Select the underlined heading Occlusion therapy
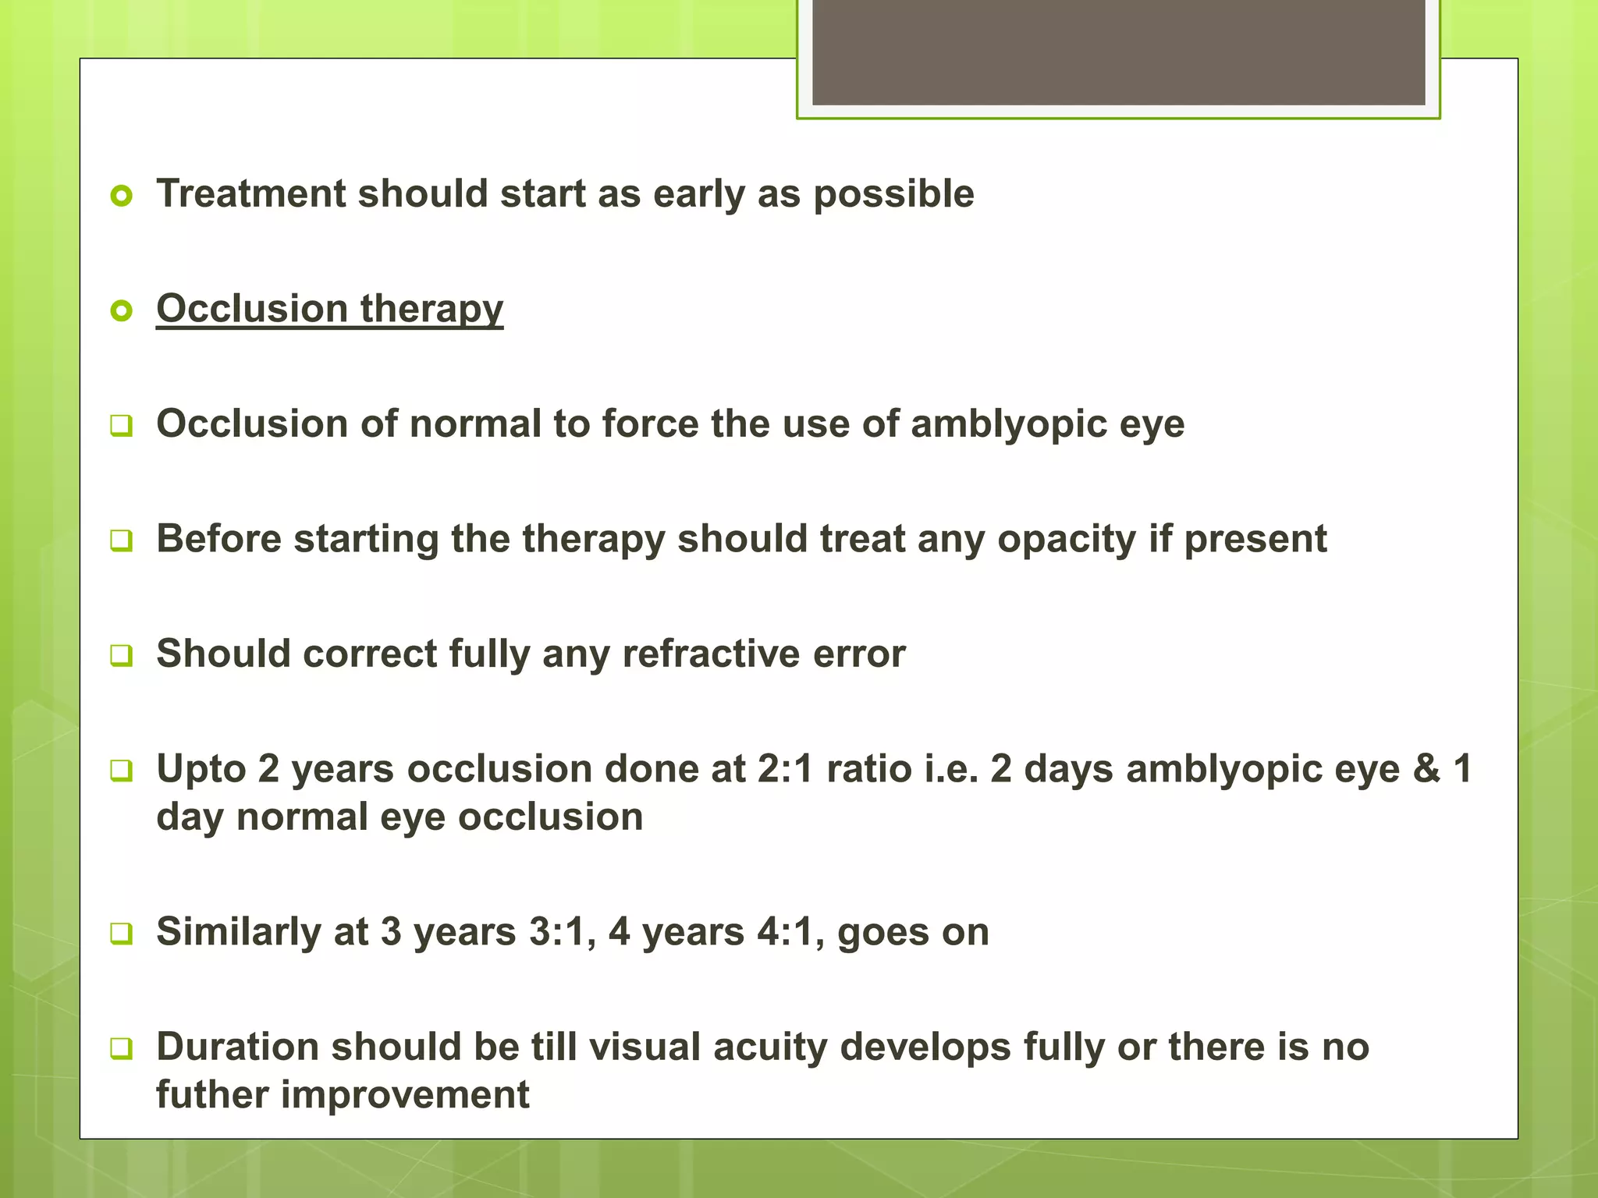(x=329, y=309)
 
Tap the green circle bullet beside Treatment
(x=122, y=195)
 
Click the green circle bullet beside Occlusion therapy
(x=122, y=311)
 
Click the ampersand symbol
(x=1426, y=769)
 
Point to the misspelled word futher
(x=211, y=1094)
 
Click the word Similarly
(x=238, y=932)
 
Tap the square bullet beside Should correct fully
(x=122, y=654)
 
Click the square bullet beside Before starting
(x=122, y=540)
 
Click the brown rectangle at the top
(x=1118, y=51)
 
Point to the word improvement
(x=405, y=1094)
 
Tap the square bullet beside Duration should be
(x=122, y=1048)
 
